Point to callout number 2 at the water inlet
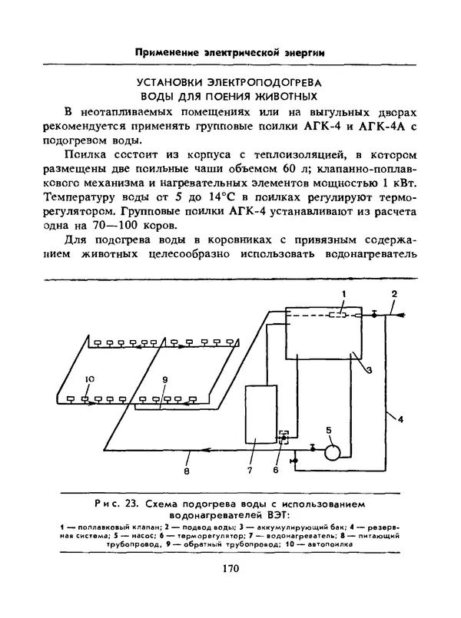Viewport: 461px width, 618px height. [394, 295]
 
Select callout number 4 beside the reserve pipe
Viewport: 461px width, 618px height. [400, 418]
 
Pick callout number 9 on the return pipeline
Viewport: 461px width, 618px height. [164, 379]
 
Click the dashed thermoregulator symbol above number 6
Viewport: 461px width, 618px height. [283, 437]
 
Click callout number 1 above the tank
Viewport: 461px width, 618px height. [344, 295]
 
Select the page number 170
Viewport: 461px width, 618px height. [230, 568]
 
